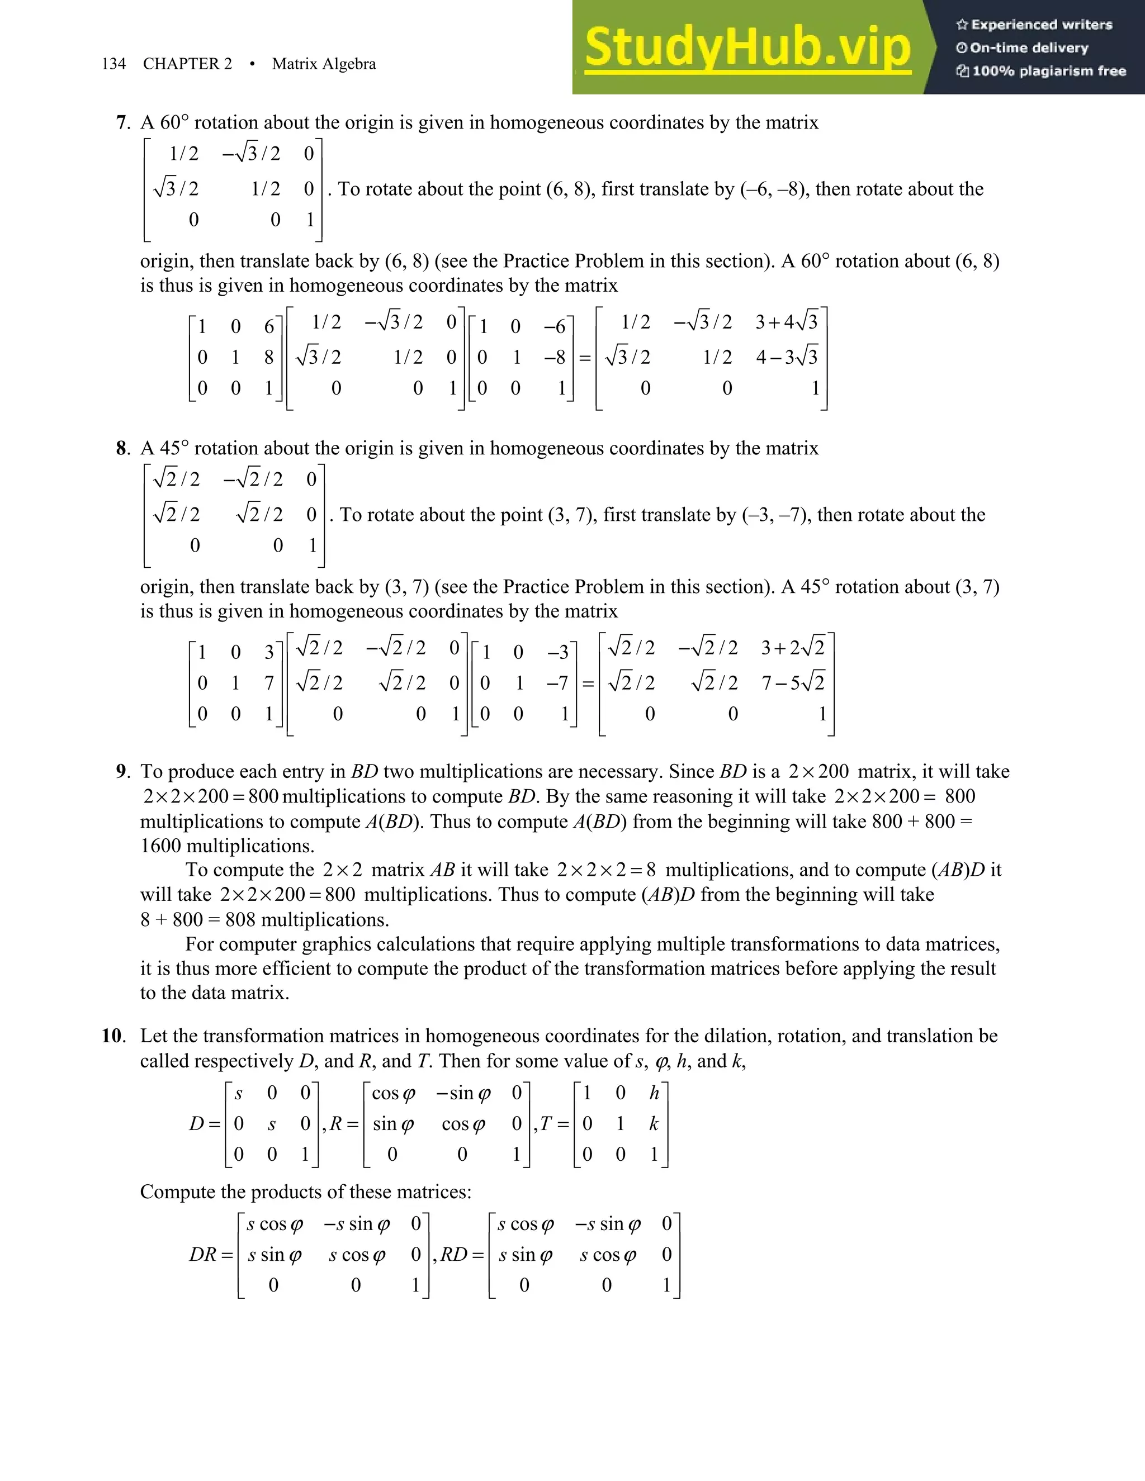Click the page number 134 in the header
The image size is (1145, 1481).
[113, 64]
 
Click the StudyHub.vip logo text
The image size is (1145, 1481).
[747, 48]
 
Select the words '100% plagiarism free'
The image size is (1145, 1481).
[1049, 71]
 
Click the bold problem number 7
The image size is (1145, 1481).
[122, 123]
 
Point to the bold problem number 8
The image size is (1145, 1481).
[122, 448]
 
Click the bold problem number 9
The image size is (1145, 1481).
[122, 772]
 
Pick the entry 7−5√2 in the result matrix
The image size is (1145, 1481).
[792, 682]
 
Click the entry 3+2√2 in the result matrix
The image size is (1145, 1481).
[792, 648]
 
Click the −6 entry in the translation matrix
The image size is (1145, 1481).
[554, 327]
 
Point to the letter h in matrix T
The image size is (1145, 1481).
[654, 1093]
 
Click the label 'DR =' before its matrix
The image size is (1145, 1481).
[210, 1255]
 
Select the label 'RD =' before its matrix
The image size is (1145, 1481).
[462, 1255]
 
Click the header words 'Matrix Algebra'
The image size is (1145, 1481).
[324, 64]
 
